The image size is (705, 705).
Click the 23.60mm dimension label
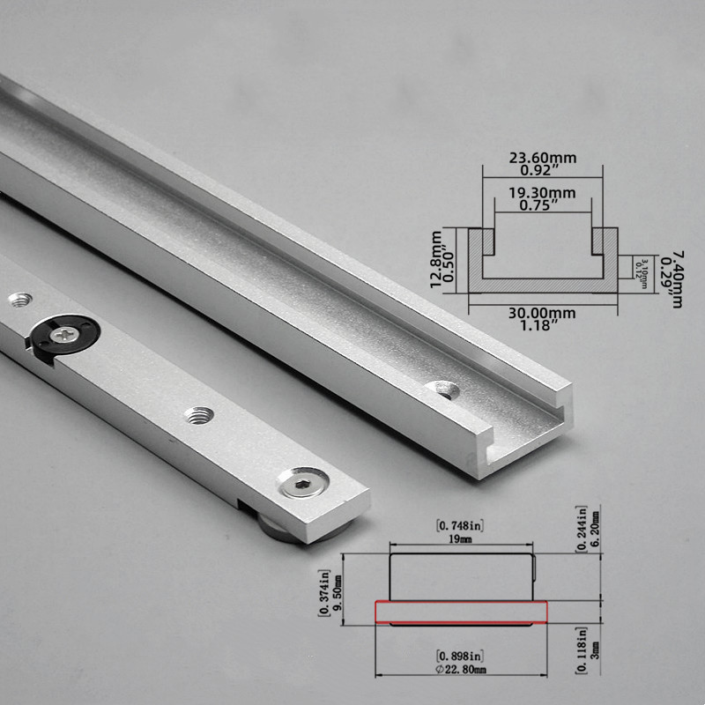coord(542,158)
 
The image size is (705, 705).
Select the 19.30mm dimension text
coord(542,192)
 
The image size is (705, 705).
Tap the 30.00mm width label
coord(542,311)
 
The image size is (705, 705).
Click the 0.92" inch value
coord(542,172)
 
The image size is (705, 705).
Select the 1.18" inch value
coord(542,325)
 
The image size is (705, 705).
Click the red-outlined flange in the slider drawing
coord(462,611)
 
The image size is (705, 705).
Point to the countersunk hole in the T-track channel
coord(442,389)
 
